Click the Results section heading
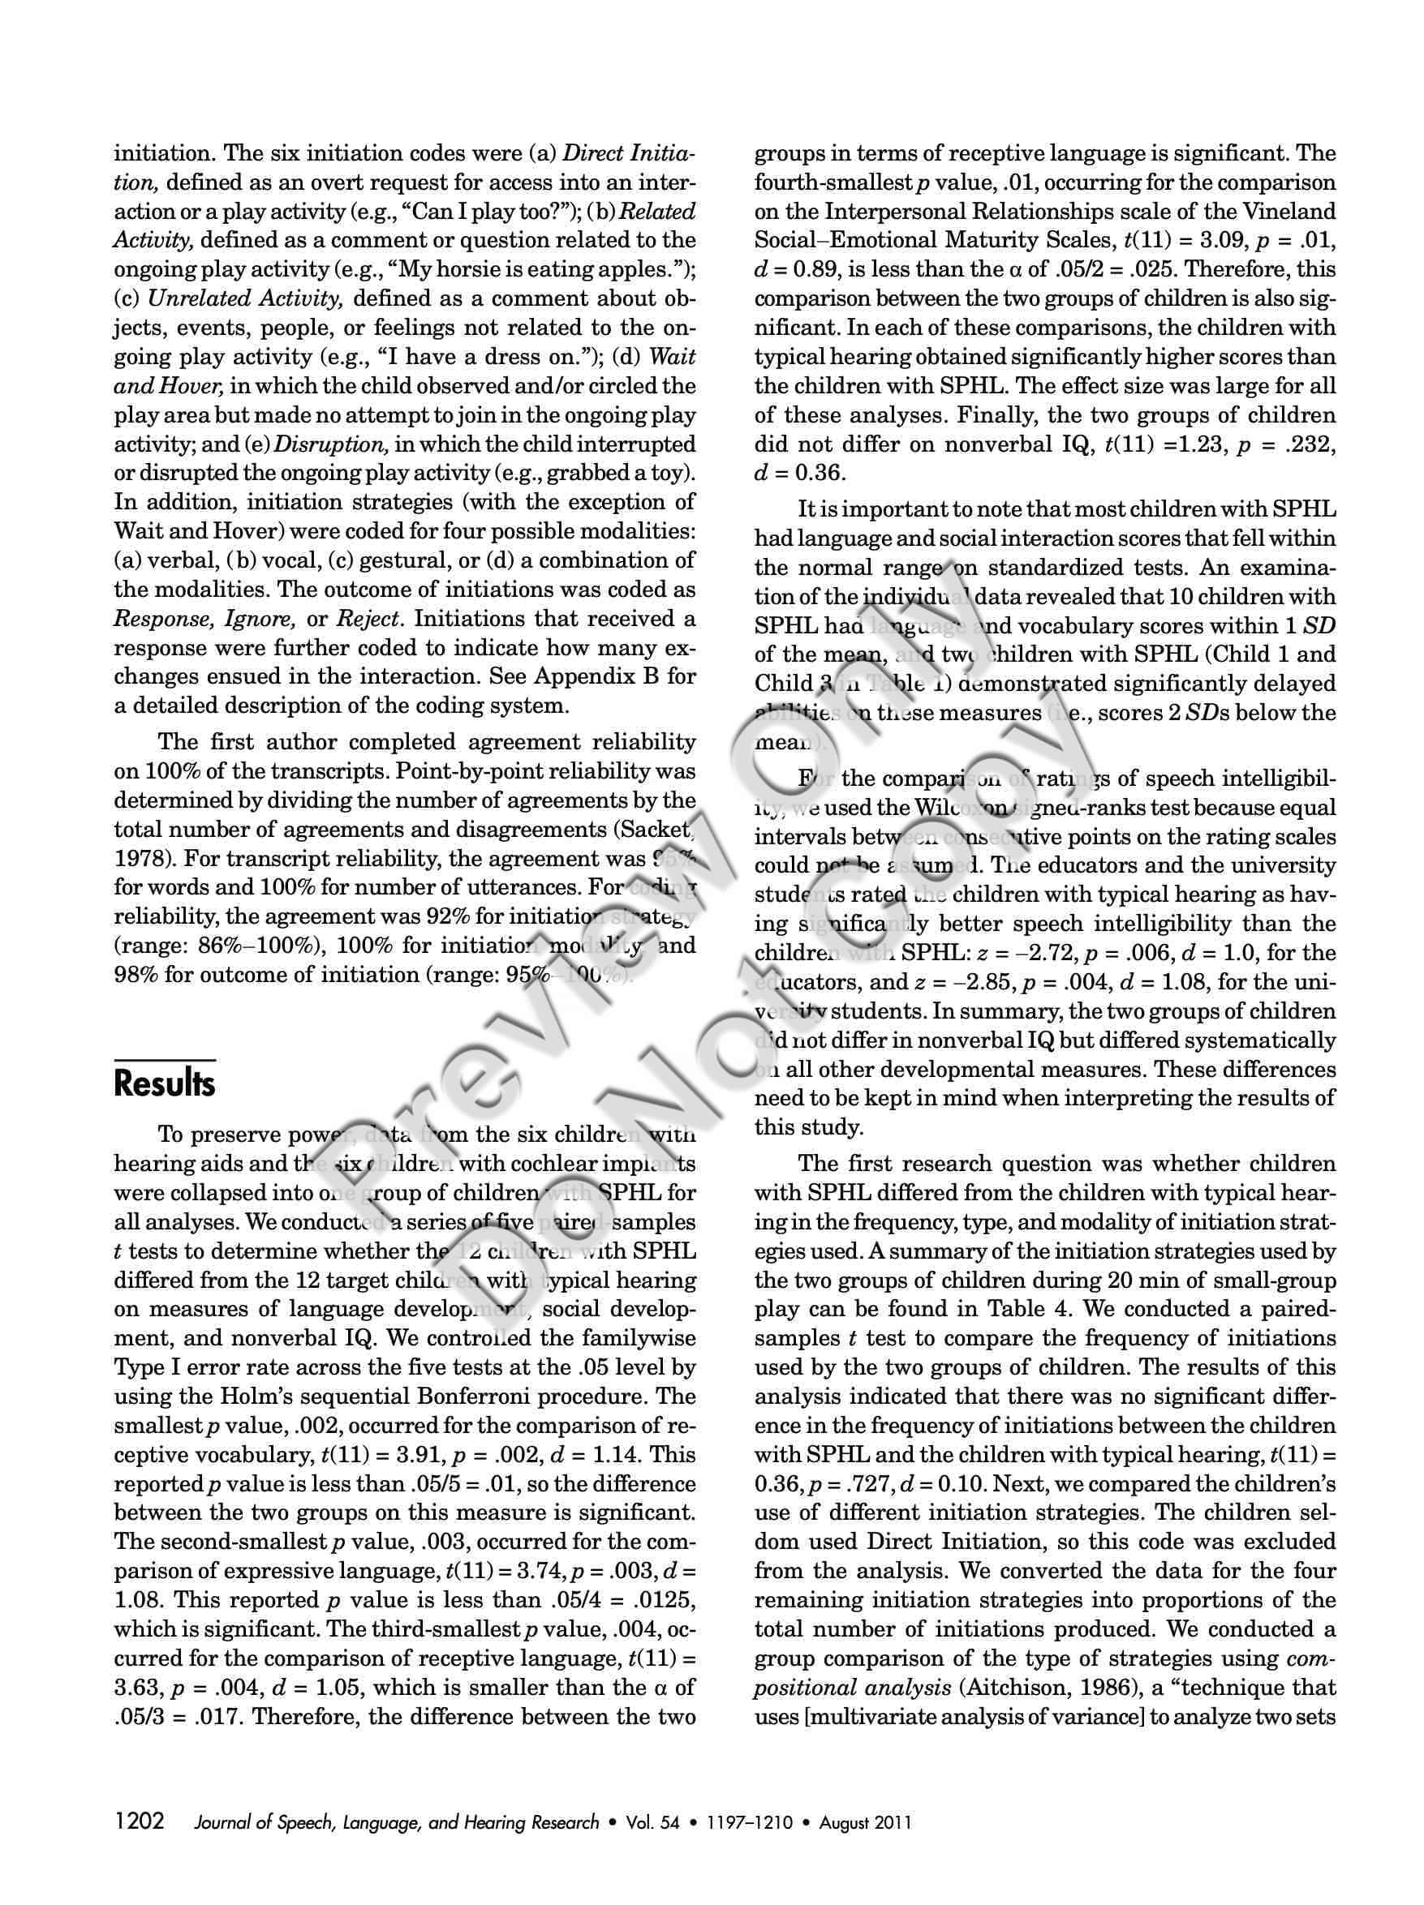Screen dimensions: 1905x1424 pyautogui.click(x=164, y=1083)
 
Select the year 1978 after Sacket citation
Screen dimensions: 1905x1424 pyautogui.click(x=141, y=860)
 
